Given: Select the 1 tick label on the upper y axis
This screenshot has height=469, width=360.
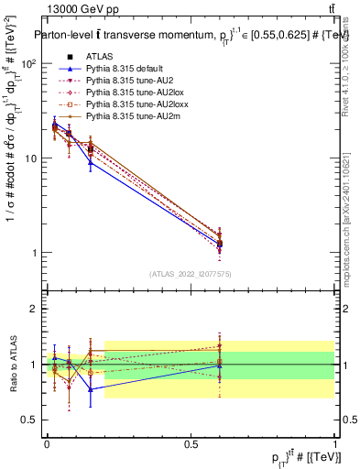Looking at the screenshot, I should point(38,253).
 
